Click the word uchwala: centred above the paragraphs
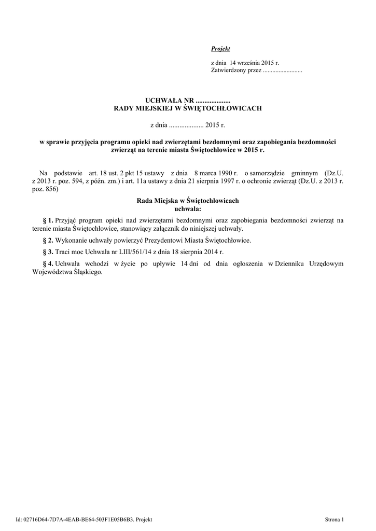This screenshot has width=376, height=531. point(188,209)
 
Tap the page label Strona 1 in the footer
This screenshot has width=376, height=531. point(335,519)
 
